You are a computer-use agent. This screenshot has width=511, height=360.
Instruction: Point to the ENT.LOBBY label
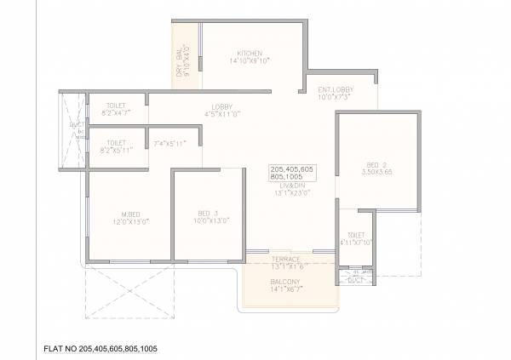336,89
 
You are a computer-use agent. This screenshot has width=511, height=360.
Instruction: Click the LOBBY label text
224,106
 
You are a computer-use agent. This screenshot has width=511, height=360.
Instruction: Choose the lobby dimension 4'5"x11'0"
224,114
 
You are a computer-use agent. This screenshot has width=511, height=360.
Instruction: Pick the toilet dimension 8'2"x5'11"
117,150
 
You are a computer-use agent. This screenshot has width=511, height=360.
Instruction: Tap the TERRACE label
285,259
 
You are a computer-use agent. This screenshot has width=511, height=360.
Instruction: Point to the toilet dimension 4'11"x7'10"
356,242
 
